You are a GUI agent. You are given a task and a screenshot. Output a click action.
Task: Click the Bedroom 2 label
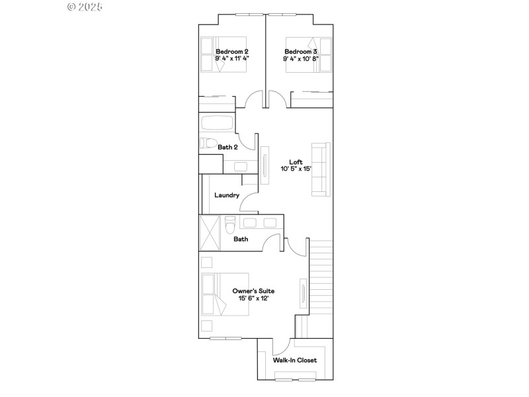pos(231,51)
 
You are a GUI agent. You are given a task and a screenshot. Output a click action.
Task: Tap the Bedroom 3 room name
pos(301,51)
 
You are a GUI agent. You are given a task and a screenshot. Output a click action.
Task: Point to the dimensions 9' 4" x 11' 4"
pos(231,58)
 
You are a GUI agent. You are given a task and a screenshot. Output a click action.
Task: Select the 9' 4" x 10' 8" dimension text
pos(301,58)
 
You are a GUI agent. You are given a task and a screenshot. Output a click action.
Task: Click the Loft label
pos(296,161)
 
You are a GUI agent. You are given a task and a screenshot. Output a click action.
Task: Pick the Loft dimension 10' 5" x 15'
pos(296,169)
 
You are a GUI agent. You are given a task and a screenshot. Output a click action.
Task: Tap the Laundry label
pos(227,195)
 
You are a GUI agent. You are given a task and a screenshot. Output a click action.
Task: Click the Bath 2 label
pos(228,147)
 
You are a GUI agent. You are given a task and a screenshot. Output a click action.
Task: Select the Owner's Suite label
pos(253,290)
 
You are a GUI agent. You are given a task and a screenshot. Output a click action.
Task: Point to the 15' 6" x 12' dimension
pos(253,298)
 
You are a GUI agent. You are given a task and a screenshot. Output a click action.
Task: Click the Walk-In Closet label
pos(295,360)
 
